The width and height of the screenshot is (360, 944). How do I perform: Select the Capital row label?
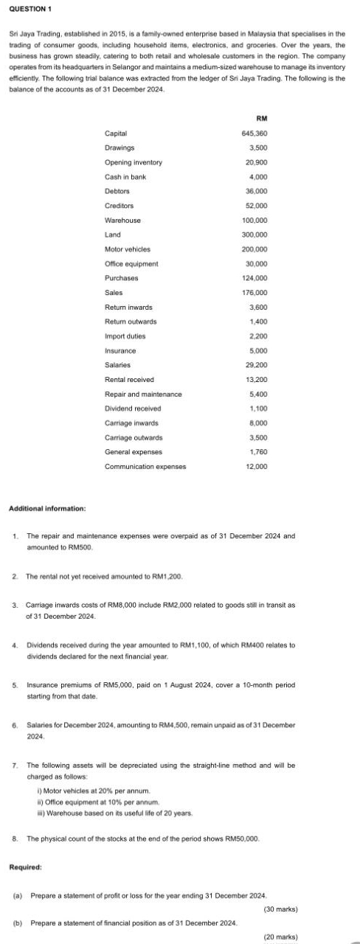(116, 133)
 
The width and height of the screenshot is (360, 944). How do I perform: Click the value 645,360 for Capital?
(255, 133)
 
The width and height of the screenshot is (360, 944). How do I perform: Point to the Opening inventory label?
(133, 162)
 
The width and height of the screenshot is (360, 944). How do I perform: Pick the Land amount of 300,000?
(255, 235)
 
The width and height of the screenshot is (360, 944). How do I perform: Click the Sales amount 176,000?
(255, 293)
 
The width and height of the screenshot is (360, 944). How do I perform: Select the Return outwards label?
(131, 322)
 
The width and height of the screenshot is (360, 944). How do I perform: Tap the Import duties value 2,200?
(258, 336)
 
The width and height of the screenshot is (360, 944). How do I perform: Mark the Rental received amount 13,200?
(256, 380)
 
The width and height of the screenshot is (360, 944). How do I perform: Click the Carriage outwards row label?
(134, 437)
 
